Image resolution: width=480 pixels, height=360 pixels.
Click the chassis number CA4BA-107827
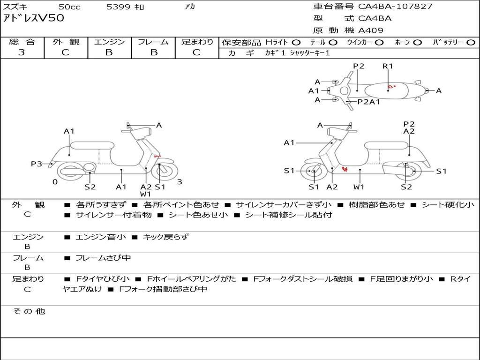coord(395,7)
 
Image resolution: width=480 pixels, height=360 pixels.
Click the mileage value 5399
coord(118,7)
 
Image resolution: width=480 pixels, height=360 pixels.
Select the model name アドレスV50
coord(33,19)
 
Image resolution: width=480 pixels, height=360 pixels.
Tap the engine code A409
coord(371,30)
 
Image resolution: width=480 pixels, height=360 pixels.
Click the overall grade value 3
coord(22,52)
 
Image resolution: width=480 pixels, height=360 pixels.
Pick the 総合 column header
coord(22,42)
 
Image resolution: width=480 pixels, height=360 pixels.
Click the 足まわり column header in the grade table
coord(197,42)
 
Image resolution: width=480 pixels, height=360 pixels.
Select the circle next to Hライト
coord(296,43)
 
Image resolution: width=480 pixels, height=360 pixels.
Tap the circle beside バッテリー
coord(470,43)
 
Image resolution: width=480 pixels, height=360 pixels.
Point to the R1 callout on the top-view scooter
coord(388,66)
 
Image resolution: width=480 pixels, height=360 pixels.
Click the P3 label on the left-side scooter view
coord(37,164)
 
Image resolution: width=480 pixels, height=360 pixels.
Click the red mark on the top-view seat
coord(392,86)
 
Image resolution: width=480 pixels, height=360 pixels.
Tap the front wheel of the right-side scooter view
coord(313,172)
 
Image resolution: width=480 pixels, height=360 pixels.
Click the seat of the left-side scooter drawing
coord(92,145)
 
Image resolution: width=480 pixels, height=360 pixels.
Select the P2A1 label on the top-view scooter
coord(368,102)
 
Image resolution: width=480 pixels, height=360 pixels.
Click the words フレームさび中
coord(103,258)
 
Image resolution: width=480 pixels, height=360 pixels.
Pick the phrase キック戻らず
coord(165,237)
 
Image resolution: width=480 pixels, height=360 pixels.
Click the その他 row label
coord(29,311)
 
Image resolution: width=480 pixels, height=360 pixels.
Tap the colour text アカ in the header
coord(190,7)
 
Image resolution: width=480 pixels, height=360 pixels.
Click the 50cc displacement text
coord(69,7)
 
